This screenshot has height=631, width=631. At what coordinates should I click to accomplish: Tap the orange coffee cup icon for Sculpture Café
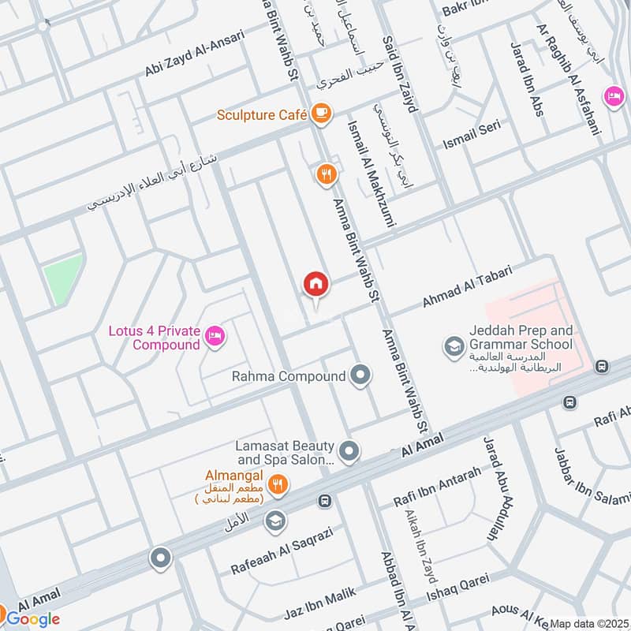[319, 114]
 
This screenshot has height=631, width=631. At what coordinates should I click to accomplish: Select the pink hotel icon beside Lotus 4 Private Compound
[213, 338]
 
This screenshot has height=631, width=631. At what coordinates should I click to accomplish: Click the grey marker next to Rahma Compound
[360, 376]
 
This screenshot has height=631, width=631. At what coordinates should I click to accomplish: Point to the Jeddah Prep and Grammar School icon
[454, 345]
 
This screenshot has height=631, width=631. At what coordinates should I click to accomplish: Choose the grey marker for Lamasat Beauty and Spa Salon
[350, 452]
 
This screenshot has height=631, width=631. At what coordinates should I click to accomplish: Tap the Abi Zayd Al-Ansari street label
[195, 54]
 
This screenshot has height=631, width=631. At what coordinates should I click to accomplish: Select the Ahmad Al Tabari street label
[467, 287]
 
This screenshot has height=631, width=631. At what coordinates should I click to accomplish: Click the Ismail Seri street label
[471, 133]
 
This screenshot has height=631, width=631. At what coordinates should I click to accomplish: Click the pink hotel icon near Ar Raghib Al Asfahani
[612, 96]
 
